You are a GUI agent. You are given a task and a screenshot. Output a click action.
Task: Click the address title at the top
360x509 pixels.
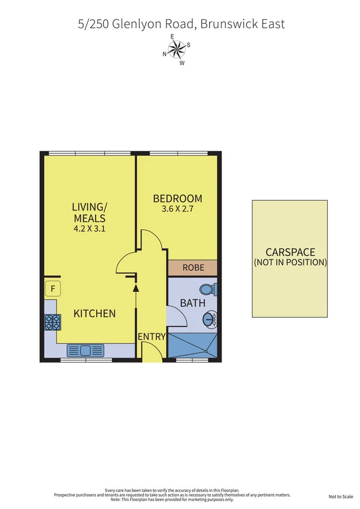click(x=181, y=24)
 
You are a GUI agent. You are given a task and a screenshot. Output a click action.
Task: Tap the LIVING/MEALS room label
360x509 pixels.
click(x=89, y=212)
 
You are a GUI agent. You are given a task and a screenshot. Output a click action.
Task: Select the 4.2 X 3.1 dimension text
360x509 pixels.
click(x=89, y=230)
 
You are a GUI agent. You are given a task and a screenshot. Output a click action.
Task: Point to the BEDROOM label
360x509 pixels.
click(x=177, y=199)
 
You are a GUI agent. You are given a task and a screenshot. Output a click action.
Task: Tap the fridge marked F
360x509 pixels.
click(x=53, y=290)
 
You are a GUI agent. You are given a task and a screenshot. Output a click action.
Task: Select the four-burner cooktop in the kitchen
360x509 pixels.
click(x=53, y=322)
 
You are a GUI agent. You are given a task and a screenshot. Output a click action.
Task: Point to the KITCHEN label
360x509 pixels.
click(x=94, y=313)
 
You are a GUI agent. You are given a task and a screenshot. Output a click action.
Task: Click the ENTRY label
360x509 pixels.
click(x=152, y=337)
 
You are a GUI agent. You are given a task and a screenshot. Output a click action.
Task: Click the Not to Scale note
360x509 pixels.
click(x=341, y=497)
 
